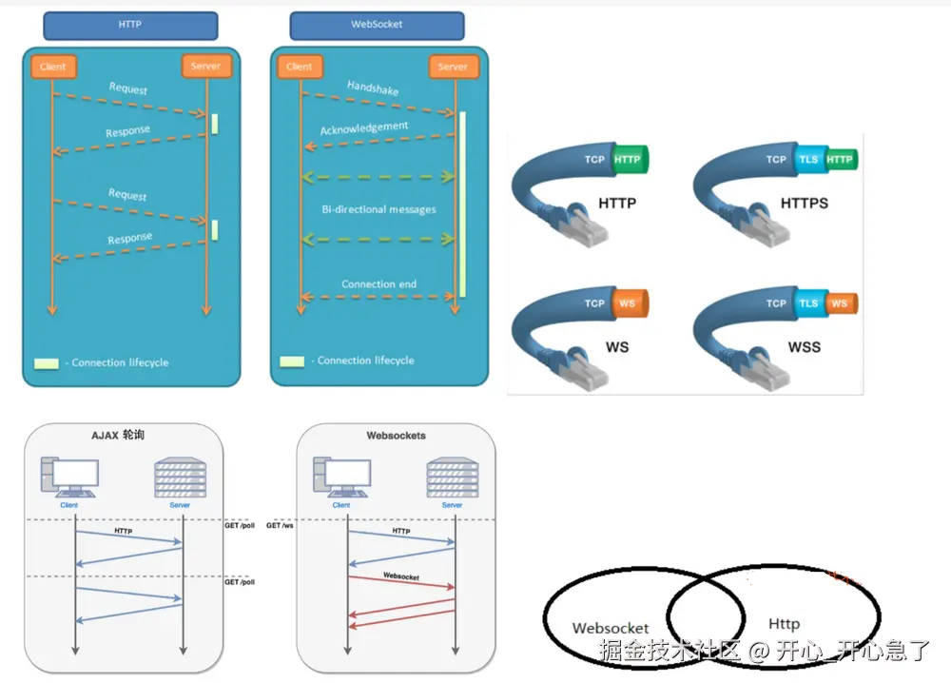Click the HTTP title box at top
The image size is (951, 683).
[x=130, y=25]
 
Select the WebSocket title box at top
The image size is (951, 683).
[x=377, y=25]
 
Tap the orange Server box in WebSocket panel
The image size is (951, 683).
[x=453, y=67]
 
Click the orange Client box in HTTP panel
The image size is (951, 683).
[x=53, y=67]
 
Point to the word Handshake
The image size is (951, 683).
[x=373, y=88]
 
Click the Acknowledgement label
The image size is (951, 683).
[x=364, y=128]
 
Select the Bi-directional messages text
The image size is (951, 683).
[x=378, y=208]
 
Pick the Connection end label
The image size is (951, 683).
[x=379, y=283]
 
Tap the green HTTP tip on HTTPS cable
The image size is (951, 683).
[x=840, y=160]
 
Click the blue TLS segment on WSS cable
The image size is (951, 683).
[x=808, y=303]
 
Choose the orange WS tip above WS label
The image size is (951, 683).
[x=628, y=303]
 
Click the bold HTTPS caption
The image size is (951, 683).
[x=804, y=204]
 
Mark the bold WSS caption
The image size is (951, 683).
[x=804, y=346]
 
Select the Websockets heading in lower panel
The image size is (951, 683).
[x=397, y=436]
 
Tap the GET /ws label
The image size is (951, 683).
[x=280, y=525]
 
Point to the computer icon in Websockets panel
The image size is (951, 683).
[x=340, y=477]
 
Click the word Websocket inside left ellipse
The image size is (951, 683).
[x=611, y=628]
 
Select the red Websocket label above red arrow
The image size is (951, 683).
[x=401, y=576]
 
